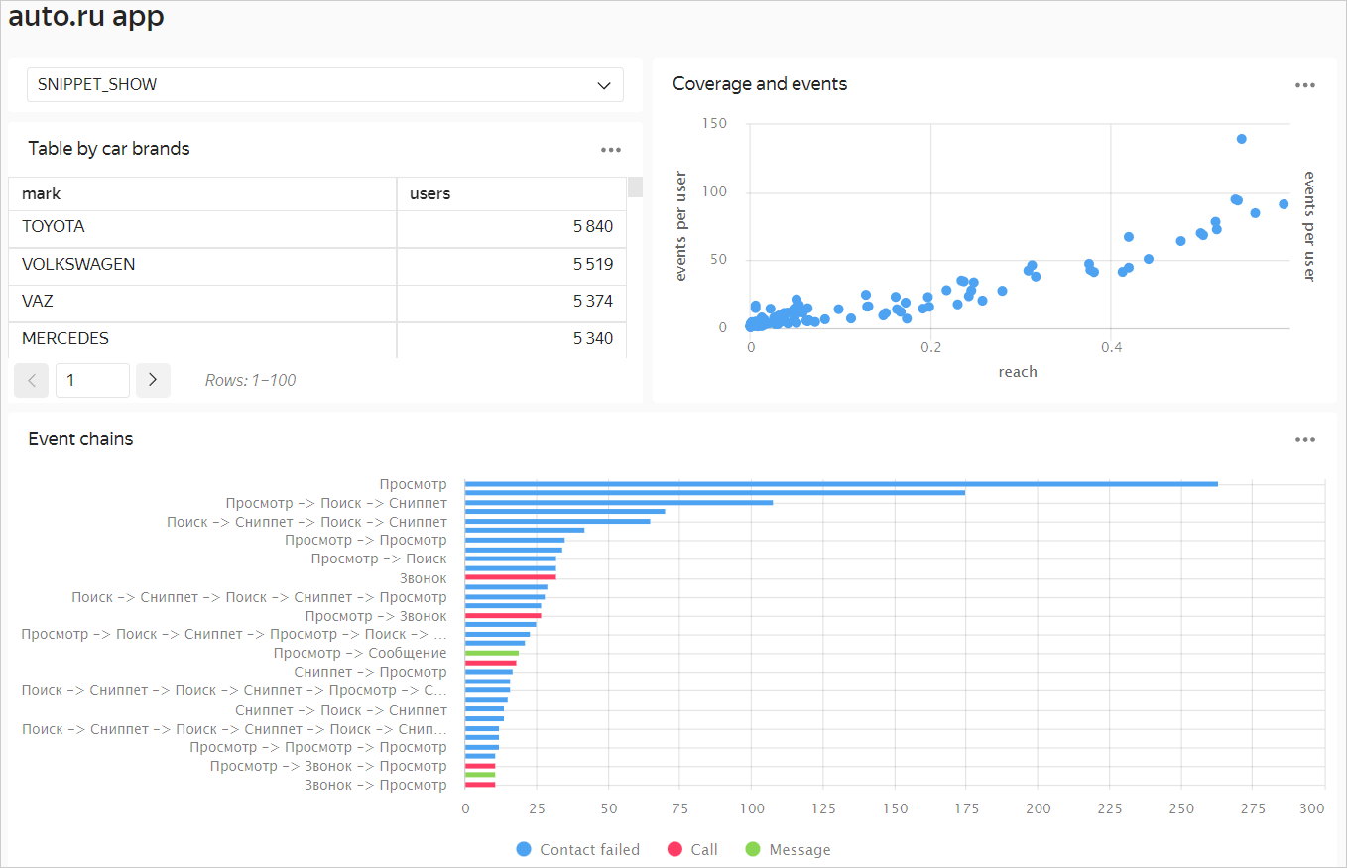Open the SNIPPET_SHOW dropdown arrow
[x=604, y=85]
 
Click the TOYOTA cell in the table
[x=54, y=227]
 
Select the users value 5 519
[x=592, y=265]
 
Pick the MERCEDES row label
[x=65, y=339]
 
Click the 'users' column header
[x=430, y=194]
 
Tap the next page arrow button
[x=153, y=380]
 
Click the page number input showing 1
[x=92, y=380]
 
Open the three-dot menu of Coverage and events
[x=1304, y=85]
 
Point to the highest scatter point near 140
[x=1241, y=139]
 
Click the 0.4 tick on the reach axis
[x=1112, y=348]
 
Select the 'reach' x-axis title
[x=1018, y=372]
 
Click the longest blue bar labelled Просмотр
[x=841, y=484]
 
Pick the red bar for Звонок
[x=511, y=577]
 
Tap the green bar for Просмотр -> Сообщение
[x=492, y=653]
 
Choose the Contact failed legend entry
[x=578, y=850]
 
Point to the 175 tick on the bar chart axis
[x=966, y=809]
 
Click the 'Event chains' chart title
[x=80, y=439]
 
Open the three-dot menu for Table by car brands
[x=610, y=150]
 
